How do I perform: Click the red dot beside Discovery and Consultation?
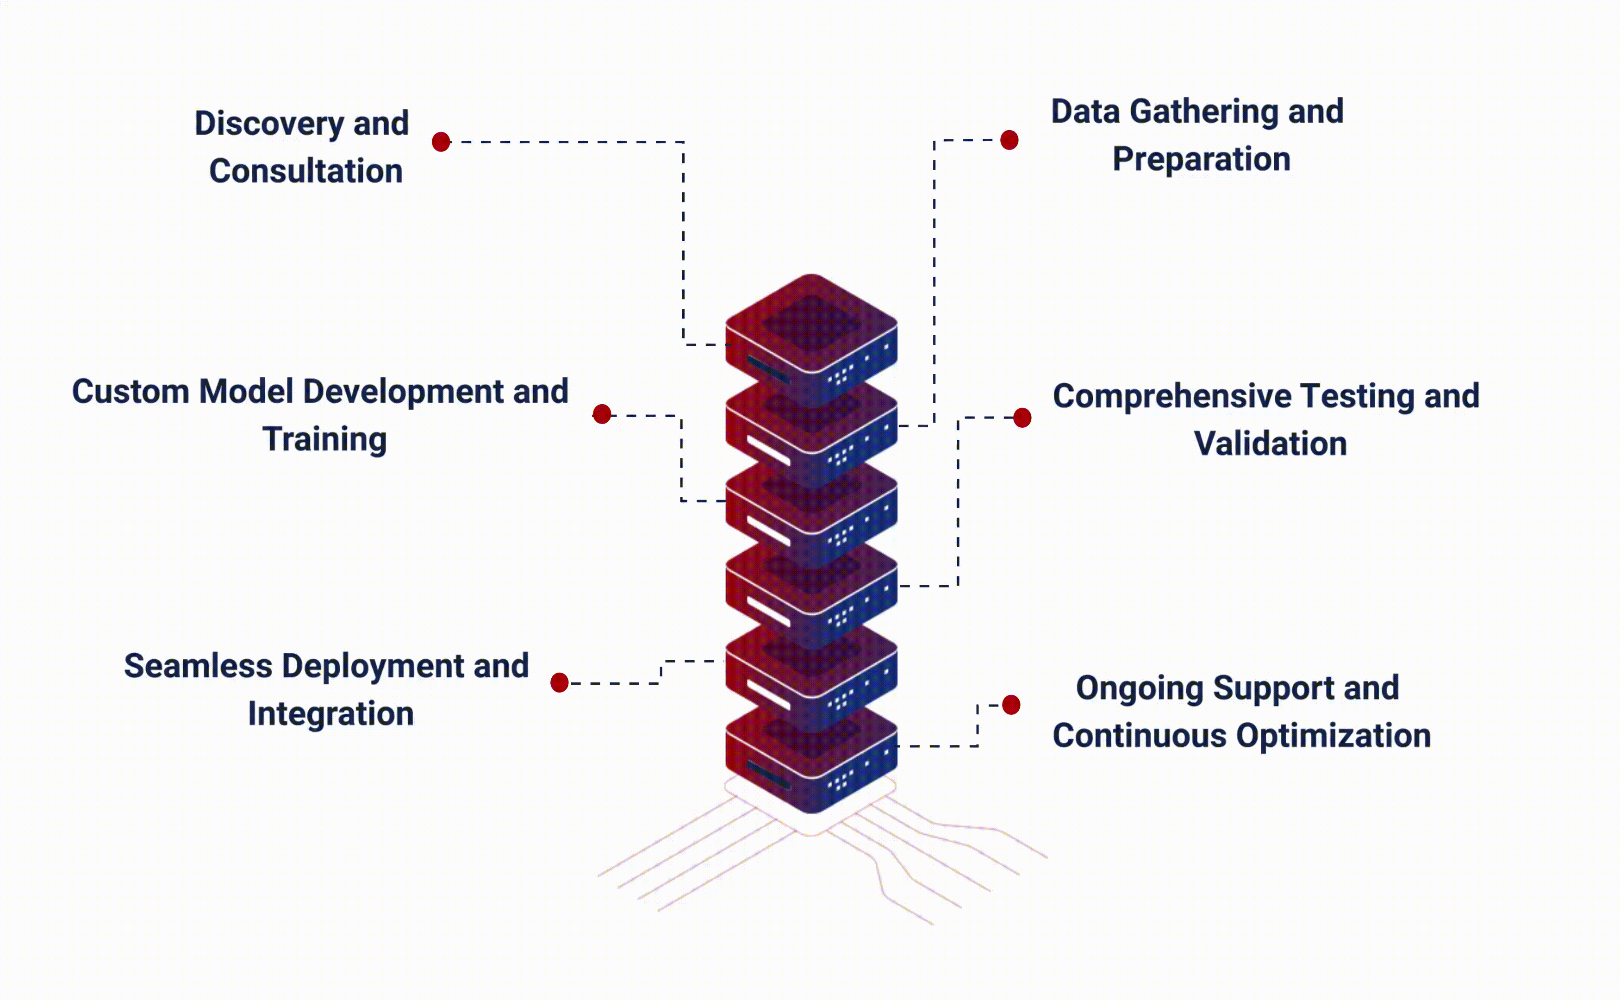click(x=441, y=142)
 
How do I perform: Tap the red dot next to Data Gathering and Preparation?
click(x=1009, y=140)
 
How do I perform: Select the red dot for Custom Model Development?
click(x=602, y=414)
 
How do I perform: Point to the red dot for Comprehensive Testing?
click(x=1022, y=417)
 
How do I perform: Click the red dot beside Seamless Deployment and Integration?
click(x=560, y=682)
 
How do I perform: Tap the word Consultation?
click(x=306, y=171)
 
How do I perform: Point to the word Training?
click(x=324, y=440)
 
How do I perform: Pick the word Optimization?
click(x=1333, y=736)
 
